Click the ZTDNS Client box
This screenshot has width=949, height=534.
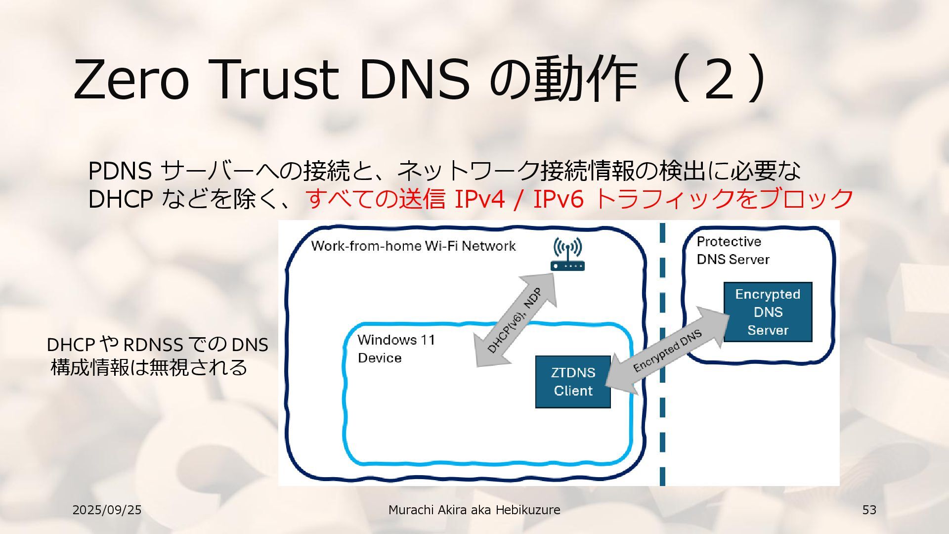573,382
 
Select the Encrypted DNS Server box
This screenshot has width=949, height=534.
768,312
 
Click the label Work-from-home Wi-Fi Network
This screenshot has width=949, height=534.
413,246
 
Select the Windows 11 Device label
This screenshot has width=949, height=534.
396,349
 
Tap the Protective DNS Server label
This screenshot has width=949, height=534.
733,250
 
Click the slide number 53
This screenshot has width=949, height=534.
869,510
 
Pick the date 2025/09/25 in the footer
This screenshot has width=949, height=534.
107,510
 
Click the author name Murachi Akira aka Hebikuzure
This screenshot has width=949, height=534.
474,510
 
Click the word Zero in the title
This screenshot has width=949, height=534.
131,79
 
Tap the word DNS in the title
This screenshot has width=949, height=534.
414,79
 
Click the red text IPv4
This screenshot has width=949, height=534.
479,199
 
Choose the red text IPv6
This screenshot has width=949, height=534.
558,199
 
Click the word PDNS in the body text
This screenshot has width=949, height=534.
120,171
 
